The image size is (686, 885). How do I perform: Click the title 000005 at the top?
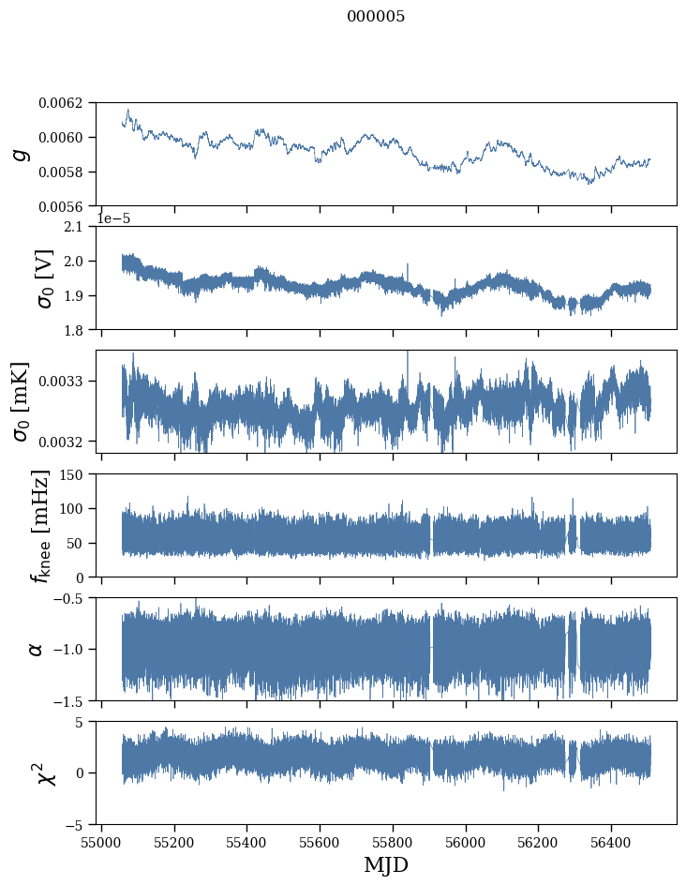(376, 17)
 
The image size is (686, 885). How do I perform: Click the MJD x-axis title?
(386, 865)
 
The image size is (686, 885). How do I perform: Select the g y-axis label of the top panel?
(21, 154)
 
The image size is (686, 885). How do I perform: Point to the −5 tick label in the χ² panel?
(78, 825)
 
